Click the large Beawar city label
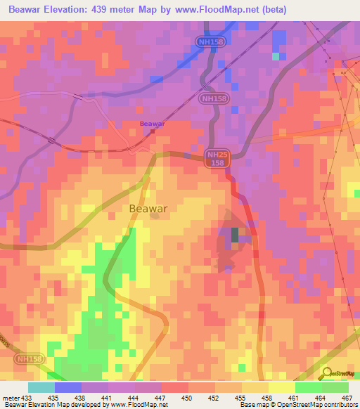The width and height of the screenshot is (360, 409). [x=149, y=209]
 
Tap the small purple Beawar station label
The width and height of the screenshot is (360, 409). [x=152, y=124]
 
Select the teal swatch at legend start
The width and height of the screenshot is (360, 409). [x=41, y=387]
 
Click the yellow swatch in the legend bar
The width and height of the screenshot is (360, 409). [x=281, y=387]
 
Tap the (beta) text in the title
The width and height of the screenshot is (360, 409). [x=267, y=9]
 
